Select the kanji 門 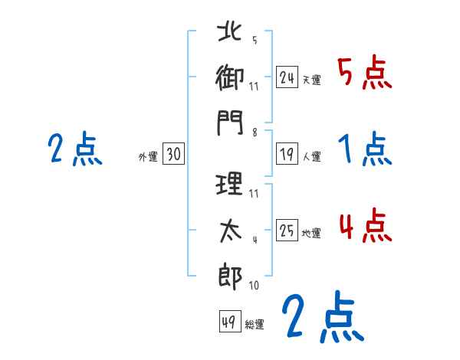click(230, 123)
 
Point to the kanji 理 click(230, 184)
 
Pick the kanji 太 click(230, 229)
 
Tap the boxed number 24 click(287, 77)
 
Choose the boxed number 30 click(172, 155)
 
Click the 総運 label click(254, 325)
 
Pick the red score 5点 click(365, 74)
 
